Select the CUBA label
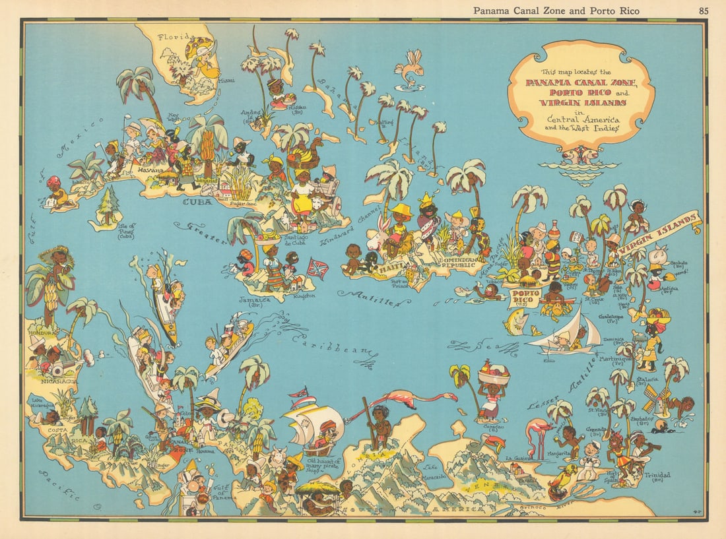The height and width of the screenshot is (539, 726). [197, 202]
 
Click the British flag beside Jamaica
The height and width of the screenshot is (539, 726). [318, 269]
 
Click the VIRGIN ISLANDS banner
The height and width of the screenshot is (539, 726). [660, 234]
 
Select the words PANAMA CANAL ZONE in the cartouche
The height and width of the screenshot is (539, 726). [581, 82]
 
